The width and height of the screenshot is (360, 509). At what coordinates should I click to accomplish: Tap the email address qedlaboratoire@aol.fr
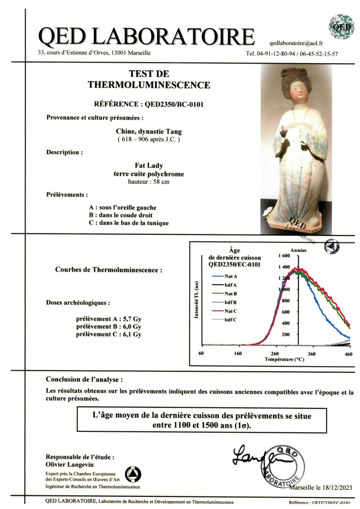point(296,45)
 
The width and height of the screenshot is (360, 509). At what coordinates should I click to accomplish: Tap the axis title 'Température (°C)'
point(285,360)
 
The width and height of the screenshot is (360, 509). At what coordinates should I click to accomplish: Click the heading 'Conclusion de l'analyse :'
point(84,379)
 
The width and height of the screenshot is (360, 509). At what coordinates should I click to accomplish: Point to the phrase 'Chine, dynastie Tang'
point(148,132)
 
